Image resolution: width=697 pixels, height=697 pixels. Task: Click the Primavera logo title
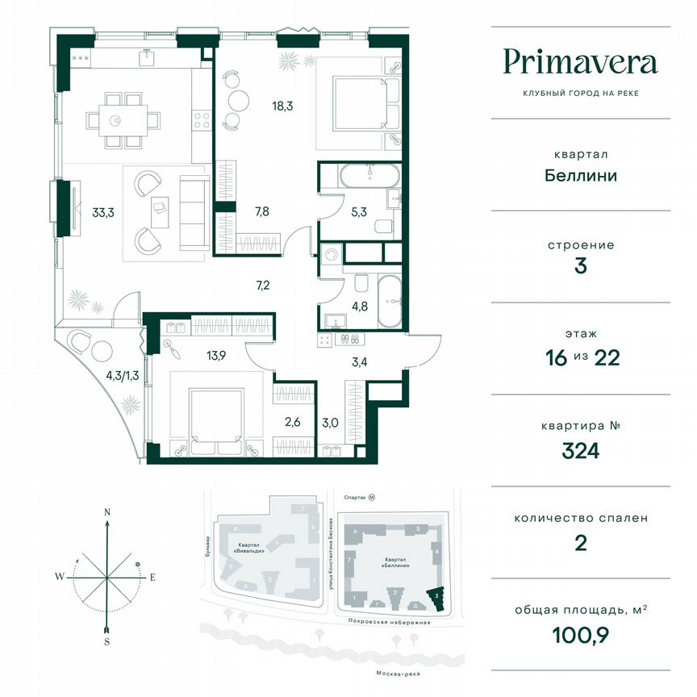pos(580,61)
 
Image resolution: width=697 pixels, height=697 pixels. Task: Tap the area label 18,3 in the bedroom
pos(282,104)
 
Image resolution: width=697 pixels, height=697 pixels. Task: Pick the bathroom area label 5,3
pos(358,213)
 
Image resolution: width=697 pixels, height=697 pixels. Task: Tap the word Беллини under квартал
pos(580,175)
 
